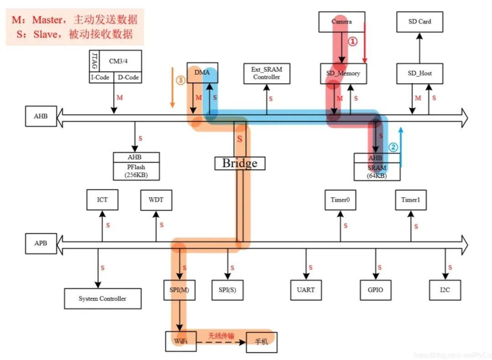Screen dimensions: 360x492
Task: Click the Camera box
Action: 342,21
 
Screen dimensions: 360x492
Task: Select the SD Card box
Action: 420,21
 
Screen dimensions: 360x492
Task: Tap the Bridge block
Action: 240,163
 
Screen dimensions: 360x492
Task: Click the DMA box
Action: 202,73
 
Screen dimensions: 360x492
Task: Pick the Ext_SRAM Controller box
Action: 267,73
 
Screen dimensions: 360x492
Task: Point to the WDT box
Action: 156,200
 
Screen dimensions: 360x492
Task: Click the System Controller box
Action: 102,299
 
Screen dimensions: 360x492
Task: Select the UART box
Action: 306,289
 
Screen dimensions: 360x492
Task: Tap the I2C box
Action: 445,289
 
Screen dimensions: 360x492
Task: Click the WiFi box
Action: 181,341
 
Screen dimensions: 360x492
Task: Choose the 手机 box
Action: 261,342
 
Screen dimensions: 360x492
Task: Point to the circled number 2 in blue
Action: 393,147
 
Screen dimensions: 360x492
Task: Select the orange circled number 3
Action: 180,81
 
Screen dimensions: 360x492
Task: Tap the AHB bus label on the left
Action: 41,116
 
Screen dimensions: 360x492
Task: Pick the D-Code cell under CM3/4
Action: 128,78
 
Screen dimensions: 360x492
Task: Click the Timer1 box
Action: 410,200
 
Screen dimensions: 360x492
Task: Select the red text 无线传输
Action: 221,336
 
